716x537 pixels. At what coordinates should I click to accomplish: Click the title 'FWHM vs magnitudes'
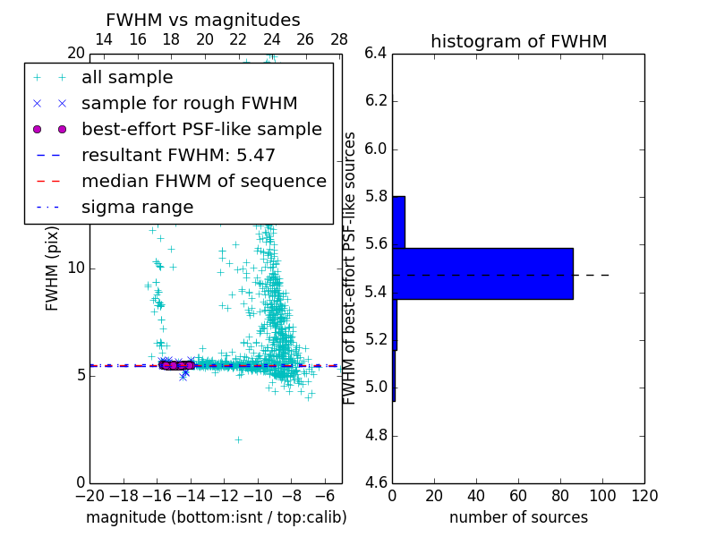[x=203, y=20]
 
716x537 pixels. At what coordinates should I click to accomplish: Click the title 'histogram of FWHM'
[x=518, y=41]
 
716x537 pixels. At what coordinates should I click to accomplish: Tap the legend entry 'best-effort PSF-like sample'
[x=201, y=129]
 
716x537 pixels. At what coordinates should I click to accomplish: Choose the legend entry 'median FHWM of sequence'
[x=203, y=181]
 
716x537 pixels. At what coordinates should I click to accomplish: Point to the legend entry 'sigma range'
[x=137, y=207]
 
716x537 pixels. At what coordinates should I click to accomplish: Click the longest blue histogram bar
[x=483, y=273]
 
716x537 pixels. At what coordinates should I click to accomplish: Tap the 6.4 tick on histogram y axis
[x=376, y=53]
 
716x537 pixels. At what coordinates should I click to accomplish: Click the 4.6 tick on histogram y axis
[x=376, y=483]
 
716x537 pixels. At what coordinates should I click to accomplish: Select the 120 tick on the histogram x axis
[x=644, y=496]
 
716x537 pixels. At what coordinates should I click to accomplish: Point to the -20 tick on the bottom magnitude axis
[x=89, y=496]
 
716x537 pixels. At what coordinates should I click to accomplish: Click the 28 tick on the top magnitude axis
[x=339, y=39]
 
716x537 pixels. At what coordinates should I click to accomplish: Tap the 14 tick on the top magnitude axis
[x=104, y=39]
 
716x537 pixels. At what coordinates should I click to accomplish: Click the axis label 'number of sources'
[x=518, y=517]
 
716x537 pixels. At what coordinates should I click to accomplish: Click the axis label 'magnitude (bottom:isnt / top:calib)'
[x=216, y=517]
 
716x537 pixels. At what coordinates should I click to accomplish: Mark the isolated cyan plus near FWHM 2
[x=238, y=439]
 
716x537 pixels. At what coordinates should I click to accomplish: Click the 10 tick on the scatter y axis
[x=75, y=268]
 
